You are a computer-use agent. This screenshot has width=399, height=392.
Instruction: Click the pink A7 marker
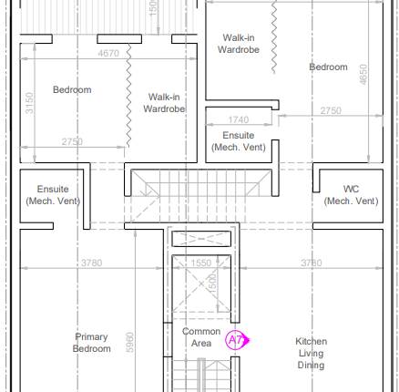235,341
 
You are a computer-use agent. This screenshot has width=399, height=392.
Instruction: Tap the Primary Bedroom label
91,343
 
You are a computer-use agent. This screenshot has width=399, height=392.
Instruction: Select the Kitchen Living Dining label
311,353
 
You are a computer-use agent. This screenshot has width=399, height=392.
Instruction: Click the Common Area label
201,337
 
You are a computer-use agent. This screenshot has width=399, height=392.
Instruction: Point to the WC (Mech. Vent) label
351,195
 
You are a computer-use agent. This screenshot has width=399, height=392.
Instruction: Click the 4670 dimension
108,54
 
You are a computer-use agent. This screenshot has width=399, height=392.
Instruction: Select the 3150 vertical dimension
30,102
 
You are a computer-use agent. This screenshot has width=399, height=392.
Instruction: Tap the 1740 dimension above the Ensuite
238,120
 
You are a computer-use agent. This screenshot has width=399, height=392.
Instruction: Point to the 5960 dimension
129,343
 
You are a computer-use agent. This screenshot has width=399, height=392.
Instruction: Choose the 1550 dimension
200,263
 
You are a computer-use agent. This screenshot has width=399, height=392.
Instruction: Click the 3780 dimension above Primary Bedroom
91,263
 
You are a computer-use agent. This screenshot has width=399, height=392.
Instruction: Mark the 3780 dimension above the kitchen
311,263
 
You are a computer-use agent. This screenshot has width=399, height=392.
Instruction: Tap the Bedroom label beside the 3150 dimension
72,89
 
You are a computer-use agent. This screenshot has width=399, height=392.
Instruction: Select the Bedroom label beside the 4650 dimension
328,67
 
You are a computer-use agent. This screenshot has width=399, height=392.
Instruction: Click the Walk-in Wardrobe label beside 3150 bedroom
164,103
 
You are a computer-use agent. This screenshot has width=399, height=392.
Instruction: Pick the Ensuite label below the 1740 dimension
239,140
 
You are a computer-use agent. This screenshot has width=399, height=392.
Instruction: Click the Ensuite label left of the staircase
53,195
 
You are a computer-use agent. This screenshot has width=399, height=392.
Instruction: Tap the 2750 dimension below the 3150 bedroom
72,141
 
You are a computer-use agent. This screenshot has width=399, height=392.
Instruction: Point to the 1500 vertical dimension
211,282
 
